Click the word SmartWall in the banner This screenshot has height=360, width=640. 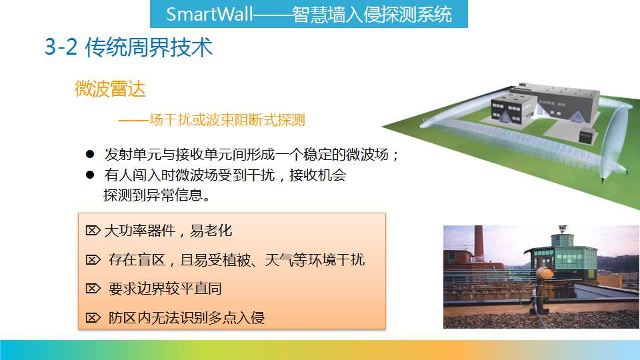[x=209, y=14]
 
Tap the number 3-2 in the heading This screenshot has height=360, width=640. [x=61, y=47]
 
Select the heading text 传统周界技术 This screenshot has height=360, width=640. [x=149, y=47]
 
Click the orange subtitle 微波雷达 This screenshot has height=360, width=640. [x=110, y=89]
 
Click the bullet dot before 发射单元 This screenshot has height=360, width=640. [x=90, y=154]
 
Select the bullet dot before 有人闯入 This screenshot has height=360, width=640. [x=90, y=175]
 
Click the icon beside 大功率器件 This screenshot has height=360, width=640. [x=93, y=231]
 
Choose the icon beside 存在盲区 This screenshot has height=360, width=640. [x=93, y=259]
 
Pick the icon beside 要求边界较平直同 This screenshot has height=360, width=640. [x=93, y=289]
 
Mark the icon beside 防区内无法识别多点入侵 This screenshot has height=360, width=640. [x=93, y=317]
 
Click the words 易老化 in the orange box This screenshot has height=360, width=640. [x=211, y=231]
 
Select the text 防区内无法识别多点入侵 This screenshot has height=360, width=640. [x=187, y=317]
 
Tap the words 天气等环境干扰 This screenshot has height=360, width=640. [x=315, y=259]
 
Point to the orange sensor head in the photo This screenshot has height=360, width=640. [x=545, y=273]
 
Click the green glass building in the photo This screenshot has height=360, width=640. [x=564, y=255]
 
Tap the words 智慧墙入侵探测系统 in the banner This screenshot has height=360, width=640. [x=372, y=14]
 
